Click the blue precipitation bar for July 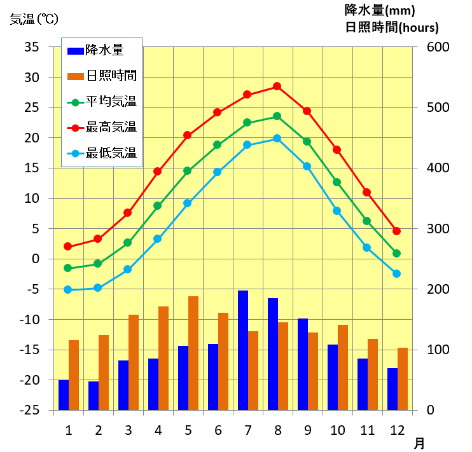[x=242, y=350]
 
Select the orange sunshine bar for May [x=193, y=353]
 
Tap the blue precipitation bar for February [x=94, y=395]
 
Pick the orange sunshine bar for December [x=402, y=379]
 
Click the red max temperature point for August [x=277, y=86]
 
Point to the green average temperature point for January [x=68, y=268]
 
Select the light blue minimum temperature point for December [x=396, y=273]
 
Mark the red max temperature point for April [x=158, y=171]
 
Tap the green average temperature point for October [x=337, y=182]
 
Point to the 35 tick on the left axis [x=32, y=47]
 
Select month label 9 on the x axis [x=307, y=430]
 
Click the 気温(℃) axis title [x=34, y=19]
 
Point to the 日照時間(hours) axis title [x=392, y=27]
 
